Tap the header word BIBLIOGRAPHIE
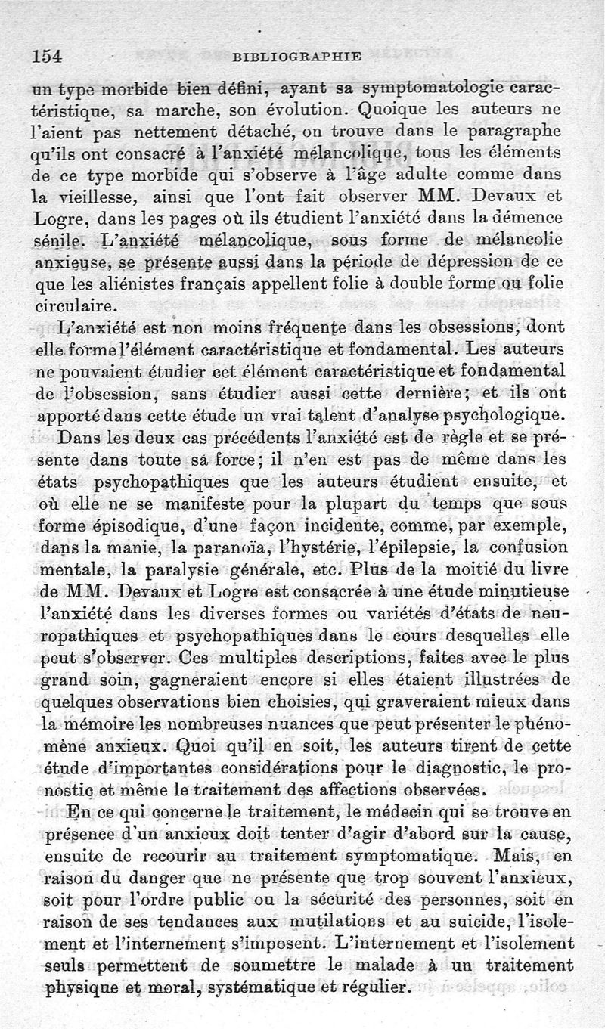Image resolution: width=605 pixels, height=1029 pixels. [x=296, y=55]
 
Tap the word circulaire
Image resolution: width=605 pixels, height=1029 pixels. [x=76, y=306]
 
